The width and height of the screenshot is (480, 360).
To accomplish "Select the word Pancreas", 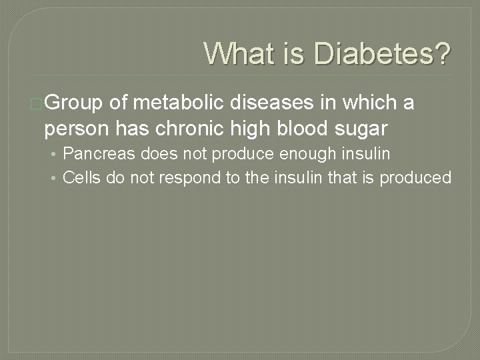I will pos(94,154).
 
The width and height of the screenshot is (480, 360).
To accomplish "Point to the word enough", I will pos(286,154).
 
